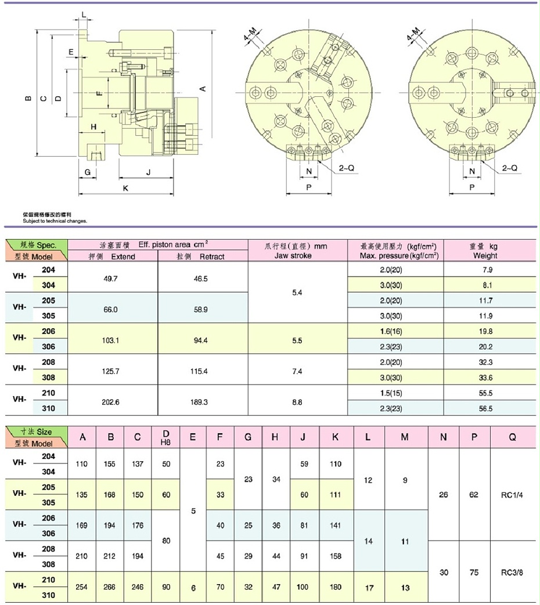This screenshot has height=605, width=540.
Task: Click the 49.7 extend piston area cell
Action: [111, 278]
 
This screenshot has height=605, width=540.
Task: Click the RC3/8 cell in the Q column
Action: [512, 572]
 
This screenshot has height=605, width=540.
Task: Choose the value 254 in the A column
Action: [82, 587]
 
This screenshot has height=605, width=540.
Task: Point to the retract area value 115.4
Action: [203, 371]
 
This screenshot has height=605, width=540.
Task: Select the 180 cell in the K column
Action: [334, 587]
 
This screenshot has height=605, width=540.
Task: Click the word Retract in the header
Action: [211, 256]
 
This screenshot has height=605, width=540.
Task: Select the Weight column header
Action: [485, 256]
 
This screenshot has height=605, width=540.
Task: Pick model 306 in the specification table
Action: [49, 346]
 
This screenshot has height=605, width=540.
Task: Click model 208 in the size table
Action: [49, 549]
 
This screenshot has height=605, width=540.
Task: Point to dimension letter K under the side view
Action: [125, 189]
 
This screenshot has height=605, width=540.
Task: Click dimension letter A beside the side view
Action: [202, 88]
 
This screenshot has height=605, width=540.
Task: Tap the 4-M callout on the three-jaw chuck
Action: [252, 38]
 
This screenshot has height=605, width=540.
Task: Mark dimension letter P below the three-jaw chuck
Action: [308, 188]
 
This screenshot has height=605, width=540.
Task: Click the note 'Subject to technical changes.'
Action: [55, 221]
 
